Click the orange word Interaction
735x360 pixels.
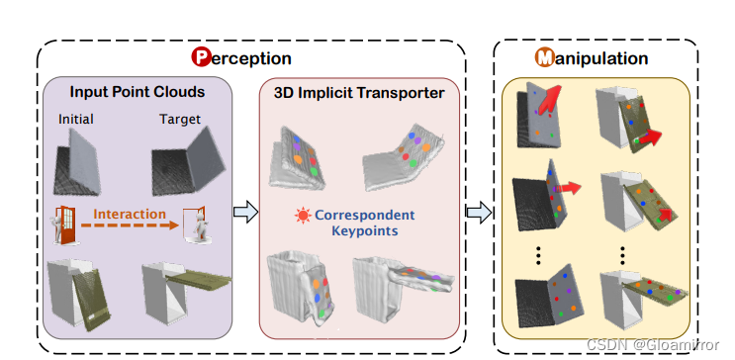(x=128, y=213)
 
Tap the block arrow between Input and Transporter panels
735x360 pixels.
(x=242, y=210)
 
